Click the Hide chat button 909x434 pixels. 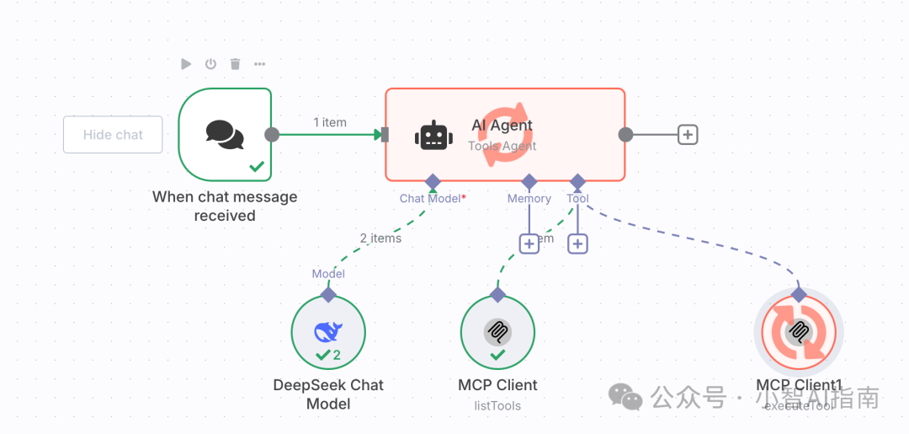pos(113,135)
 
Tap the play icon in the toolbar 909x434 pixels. pos(186,64)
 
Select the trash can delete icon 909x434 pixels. pos(235,64)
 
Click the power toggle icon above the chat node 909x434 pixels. pos(210,64)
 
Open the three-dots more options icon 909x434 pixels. pos(259,64)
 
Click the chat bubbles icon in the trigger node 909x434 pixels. pos(225,135)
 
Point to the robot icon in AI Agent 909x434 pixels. pos(434,136)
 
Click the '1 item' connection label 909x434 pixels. pos(330,122)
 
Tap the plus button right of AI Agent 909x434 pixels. pos(688,135)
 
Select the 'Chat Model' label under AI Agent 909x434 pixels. pos(431,199)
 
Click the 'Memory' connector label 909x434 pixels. pos(529,199)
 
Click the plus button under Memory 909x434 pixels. pos(529,244)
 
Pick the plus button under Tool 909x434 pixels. pos(577,244)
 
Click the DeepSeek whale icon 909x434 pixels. pos(327,332)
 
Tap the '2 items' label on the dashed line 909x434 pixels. pos(380,238)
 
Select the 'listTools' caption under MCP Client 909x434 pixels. pos(497,406)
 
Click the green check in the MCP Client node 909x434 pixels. pos(497,355)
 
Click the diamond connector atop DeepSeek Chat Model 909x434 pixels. pos(328,294)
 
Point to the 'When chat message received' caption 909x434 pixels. pos(225,206)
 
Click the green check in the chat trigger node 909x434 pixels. pos(257,167)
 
